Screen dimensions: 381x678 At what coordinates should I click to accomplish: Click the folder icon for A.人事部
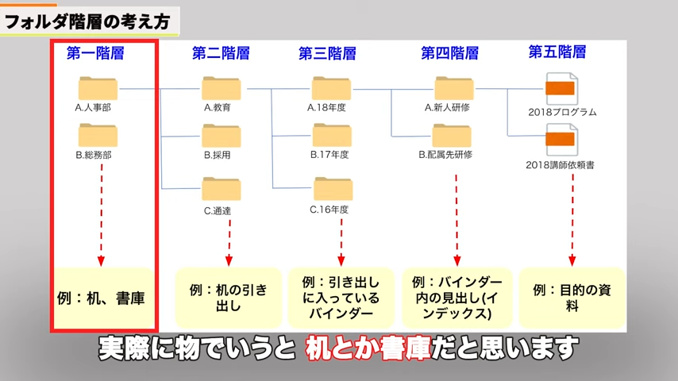tap(98, 88)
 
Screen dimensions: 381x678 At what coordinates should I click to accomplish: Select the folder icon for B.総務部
tap(98, 136)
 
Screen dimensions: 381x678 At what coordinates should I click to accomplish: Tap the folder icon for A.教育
tap(221, 88)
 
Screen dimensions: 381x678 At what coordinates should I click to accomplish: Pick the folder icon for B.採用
tap(221, 136)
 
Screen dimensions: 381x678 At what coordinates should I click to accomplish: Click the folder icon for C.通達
tap(221, 189)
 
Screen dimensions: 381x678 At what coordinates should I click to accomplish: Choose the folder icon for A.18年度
tap(331, 88)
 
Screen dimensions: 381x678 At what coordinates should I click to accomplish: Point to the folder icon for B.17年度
tap(331, 136)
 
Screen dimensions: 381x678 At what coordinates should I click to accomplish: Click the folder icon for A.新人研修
tap(453, 88)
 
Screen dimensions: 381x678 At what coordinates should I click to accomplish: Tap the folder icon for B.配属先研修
tap(453, 136)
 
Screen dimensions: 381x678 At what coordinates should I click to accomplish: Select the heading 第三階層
tap(327, 53)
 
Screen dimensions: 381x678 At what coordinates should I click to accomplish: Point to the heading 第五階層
tap(557, 52)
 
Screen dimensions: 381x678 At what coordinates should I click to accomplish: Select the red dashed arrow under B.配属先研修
tap(456, 218)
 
